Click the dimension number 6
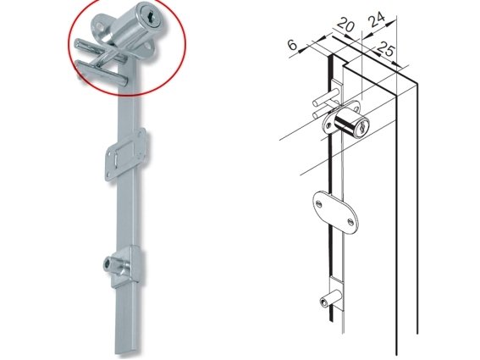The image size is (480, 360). click(293, 45)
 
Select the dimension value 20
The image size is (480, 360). click(346, 25)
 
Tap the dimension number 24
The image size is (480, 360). click(377, 20)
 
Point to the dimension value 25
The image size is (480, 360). click(385, 49)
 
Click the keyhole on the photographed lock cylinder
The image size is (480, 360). click(151, 15)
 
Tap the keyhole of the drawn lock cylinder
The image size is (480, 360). click(362, 127)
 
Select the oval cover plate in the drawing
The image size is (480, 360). click(335, 212)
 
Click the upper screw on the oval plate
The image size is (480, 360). click(319, 203)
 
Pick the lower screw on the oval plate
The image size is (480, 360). click(350, 220)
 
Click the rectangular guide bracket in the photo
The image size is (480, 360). click(126, 154)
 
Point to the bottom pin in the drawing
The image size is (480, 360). click(329, 299)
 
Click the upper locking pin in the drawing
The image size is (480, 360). click(326, 97)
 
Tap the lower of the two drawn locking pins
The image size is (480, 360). click(322, 113)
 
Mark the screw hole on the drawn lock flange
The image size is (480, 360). click(328, 125)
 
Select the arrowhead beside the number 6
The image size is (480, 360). click(302, 49)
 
